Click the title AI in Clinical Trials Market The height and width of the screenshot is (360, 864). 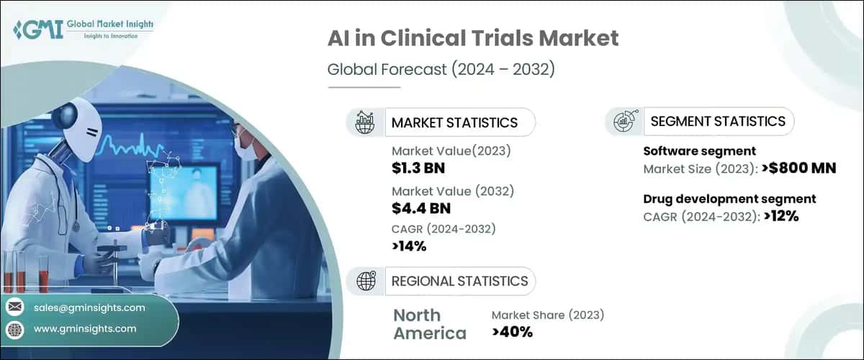473,38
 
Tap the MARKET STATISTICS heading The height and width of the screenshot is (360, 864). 454,122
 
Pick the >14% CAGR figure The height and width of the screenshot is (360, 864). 410,246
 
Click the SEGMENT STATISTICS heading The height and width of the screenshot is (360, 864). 718,121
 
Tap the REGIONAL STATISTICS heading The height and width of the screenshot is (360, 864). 459,281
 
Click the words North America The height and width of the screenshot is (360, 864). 429,324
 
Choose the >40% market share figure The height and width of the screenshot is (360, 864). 512,332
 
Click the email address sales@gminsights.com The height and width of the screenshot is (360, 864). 89,307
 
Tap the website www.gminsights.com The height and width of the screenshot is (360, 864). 84,329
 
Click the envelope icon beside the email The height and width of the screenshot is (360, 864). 14,307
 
